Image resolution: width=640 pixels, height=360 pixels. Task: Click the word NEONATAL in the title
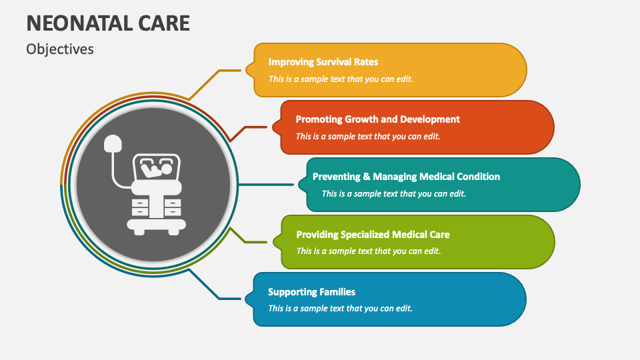click(x=79, y=23)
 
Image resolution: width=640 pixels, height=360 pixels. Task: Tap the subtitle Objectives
click(x=60, y=49)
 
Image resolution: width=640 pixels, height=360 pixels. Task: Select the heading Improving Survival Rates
click(x=323, y=62)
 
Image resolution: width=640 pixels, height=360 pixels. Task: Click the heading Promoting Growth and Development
click(x=377, y=119)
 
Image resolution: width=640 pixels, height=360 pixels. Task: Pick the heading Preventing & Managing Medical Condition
click(x=406, y=177)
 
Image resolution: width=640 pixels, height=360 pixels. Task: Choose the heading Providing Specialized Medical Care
click(x=373, y=235)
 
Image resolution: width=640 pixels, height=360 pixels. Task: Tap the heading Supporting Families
click(x=311, y=292)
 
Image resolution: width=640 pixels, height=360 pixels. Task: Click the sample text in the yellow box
click(x=341, y=79)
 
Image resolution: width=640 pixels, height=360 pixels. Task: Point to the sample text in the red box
click(x=368, y=136)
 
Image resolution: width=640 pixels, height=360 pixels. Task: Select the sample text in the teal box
click(x=393, y=193)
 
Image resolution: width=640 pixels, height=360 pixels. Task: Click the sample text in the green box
click(x=369, y=251)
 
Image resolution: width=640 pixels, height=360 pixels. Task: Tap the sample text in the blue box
click(x=340, y=309)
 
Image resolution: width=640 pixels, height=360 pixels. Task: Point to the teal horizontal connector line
click(x=266, y=185)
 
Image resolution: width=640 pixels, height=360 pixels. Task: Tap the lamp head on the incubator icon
click(x=113, y=143)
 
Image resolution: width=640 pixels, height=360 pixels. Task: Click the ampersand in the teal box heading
click(x=366, y=177)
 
